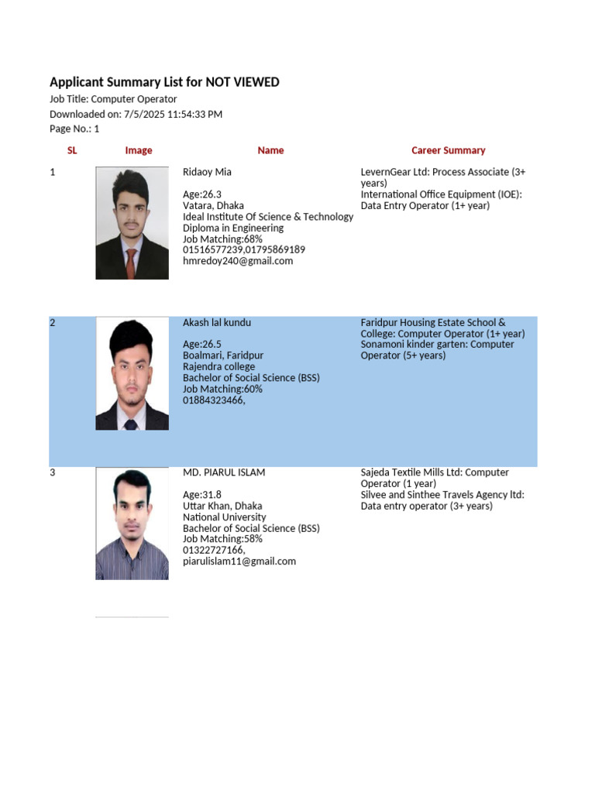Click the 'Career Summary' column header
coord(448,150)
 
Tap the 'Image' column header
coord(139,150)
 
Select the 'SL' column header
coord(72,150)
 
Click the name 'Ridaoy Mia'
coord(207,172)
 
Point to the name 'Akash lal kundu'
coord(217,322)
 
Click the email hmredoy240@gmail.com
coord(238,261)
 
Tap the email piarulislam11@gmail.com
coord(239,561)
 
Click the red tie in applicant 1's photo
coord(132,259)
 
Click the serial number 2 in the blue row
coord(53,323)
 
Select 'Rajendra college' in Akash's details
coord(218,367)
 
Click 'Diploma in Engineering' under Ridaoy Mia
coord(233,228)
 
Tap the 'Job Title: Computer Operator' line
coord(113,99)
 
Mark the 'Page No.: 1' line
coord(74,129)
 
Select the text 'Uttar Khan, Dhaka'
coord(222,506)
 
